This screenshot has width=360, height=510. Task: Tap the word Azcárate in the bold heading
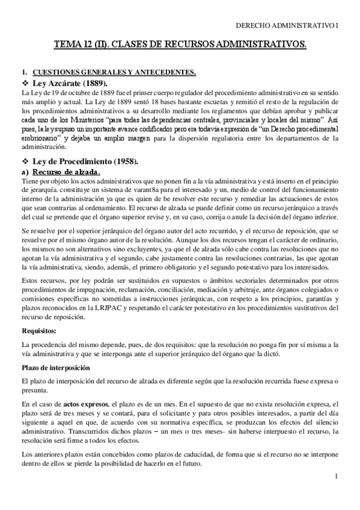pyautogui.click(x=73, y=82)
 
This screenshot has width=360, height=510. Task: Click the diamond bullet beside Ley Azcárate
pyautogui.click(x=25, y=82)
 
